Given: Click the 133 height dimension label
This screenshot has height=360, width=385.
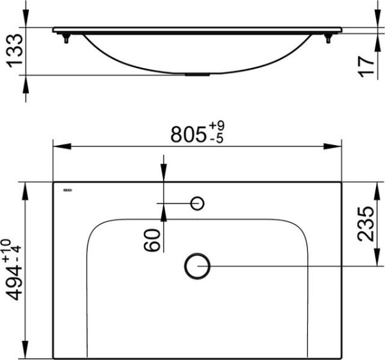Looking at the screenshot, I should click(x=14, y=52).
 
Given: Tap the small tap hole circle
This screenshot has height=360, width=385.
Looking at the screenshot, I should click(x=198, y=203).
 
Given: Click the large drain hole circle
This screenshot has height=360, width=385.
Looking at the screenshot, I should click(x=197, y=266).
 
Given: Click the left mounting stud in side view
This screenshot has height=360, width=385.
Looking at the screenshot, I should click(x=65, y=39).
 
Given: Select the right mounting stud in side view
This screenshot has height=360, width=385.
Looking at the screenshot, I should click(x=329, y=39).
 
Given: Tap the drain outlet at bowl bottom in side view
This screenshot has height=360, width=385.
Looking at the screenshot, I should click(x=196, y=74).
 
